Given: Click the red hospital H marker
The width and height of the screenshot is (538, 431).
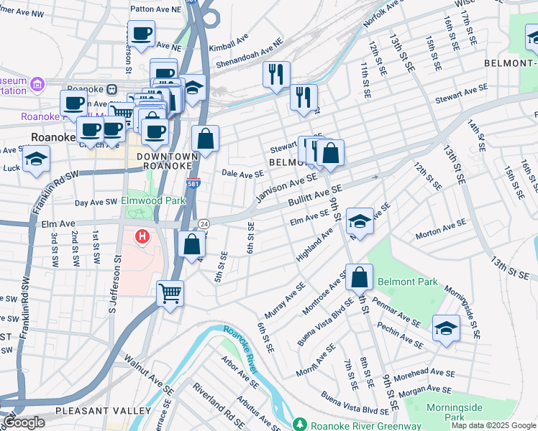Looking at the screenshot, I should tap(142, 236).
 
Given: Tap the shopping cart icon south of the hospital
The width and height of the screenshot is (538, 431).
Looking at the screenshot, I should tap(170, 292).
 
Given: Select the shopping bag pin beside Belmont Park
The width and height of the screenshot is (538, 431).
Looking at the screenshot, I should tap(359, 277).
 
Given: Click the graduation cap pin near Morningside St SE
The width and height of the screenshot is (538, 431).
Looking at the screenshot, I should tap(446, 328).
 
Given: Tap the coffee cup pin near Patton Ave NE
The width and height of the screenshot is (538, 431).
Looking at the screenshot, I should tap(141, 33).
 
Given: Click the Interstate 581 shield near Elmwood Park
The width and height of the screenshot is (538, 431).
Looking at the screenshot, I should tap(193, 183).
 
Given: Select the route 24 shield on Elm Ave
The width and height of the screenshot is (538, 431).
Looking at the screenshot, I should tap(204, 224).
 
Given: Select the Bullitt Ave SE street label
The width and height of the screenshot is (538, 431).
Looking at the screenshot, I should tap(315, 195).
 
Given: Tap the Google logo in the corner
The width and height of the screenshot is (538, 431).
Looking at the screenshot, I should tap(24, 422).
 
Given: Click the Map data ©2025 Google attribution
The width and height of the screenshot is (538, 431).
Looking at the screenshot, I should tap(493, 425).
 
